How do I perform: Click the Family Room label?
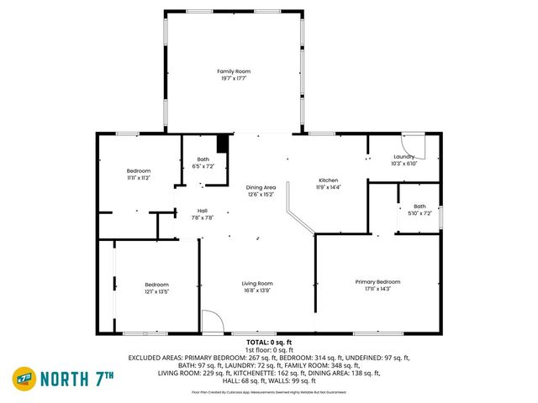coord(234,71)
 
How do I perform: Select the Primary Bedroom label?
coord(377,281)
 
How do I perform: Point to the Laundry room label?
coord(403,156)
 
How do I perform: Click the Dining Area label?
coord(261,187)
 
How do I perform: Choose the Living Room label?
coord(258,283)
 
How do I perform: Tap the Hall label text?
coord(203,211)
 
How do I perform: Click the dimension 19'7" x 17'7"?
coord(234,79)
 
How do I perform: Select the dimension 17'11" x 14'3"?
coord(377,289)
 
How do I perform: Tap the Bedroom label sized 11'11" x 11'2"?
coord(139,171)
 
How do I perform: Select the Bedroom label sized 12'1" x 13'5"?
coord(156,284)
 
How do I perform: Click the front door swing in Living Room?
coord(212,322)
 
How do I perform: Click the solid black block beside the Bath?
coord(222,144)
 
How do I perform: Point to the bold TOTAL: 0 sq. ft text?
coord(268,343)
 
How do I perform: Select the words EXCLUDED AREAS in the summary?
coord(155,358)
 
